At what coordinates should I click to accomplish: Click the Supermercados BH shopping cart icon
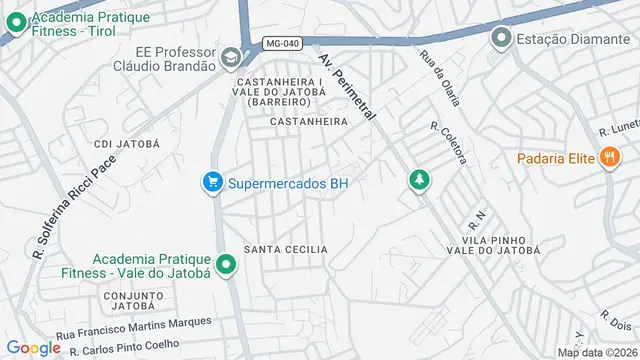point(212,183)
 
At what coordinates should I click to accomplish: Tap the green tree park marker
point(419,180)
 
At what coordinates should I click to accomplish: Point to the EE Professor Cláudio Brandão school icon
point(232,57)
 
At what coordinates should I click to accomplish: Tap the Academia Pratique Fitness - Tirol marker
point(14,18)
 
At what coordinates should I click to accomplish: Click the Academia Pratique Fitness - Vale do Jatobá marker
point(227,265)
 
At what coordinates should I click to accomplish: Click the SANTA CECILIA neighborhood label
point(286,248)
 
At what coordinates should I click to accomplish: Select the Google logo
point(33,347)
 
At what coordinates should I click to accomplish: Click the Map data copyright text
point(597,352)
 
